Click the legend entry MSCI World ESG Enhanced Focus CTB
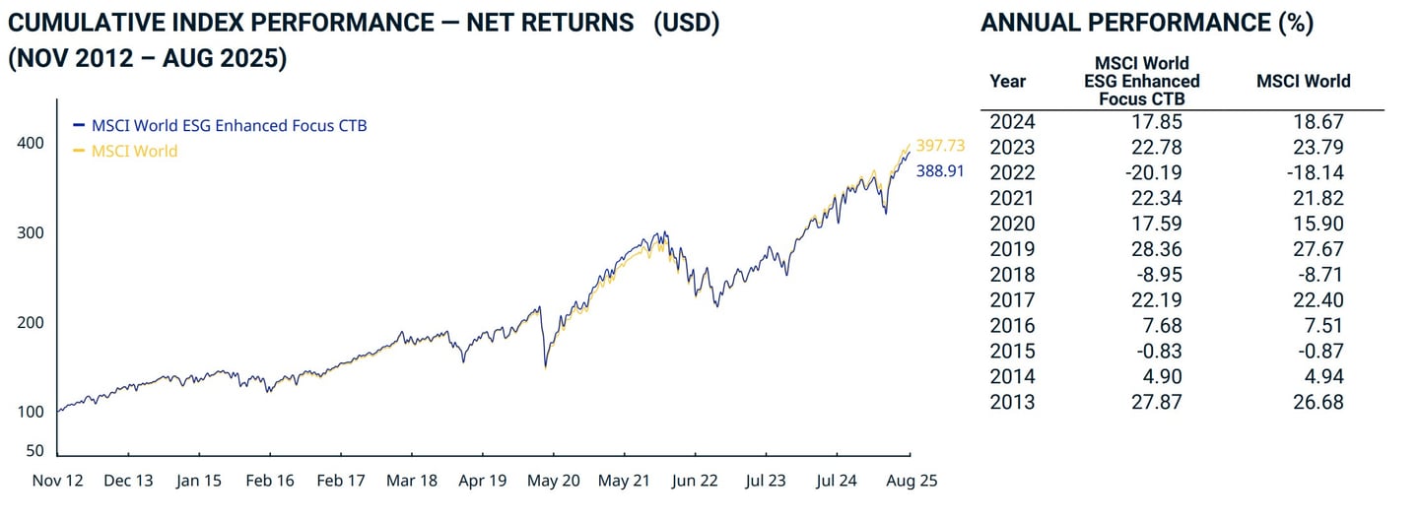click(x=229, y=125)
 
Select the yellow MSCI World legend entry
click(x=134, y=151)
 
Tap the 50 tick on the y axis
click(x=34, y=450)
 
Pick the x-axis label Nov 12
click(x=57, y=481)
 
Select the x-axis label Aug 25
click(x=910, y=481)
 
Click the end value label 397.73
click(x=940, y=145)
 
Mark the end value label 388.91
click(x=940, y=170)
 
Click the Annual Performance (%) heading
click(x=1147, y=24)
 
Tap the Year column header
click(x=1007, y=82)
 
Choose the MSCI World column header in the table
click(x=1303, y=81)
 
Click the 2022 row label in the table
click(x=1012, y=172)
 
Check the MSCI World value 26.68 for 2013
click(x=1319, y=402)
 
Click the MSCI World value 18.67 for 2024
click(x=1319, y=121)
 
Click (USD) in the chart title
click(x=687, y=24)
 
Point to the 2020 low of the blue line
click(x=545, y=368)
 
